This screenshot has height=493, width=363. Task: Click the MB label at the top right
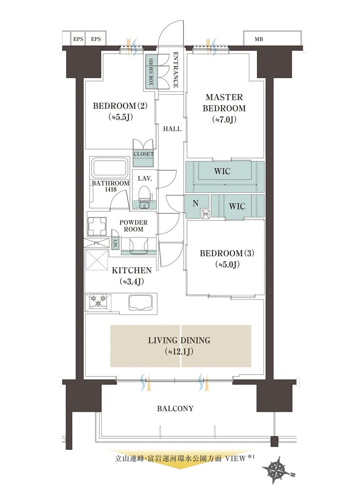[259, 40]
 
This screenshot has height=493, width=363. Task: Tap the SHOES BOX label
[151, 72]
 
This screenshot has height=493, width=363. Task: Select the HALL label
[172, 129]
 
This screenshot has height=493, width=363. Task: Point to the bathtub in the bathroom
[110, 168]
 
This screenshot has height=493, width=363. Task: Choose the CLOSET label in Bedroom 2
[144, 154]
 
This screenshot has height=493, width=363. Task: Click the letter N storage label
[195, 203]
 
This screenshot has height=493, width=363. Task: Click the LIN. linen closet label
[115, 243]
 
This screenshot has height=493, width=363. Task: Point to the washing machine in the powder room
[97, 226]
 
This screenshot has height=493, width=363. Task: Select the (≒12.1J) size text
[179, 352]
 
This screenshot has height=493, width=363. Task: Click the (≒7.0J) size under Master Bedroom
[224, 119]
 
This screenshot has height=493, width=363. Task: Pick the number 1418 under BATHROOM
[111, 189]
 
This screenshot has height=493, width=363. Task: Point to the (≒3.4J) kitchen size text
[131, 281]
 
